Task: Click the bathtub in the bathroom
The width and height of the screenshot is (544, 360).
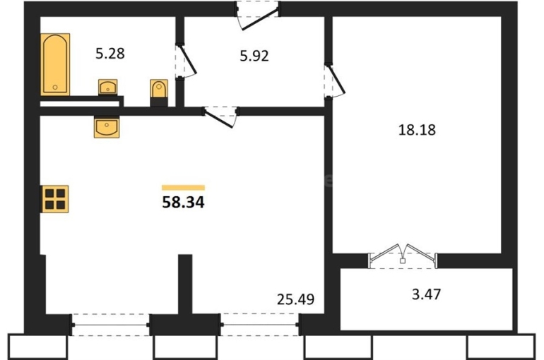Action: [55, 64]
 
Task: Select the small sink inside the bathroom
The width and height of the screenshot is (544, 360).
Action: [108, 87]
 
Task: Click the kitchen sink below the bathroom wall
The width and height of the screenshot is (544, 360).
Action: [107, 127]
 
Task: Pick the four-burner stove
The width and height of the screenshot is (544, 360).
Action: [55, 199]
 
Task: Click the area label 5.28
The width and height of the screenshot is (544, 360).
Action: [110, 54]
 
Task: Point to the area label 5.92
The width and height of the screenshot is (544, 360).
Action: [254, 56]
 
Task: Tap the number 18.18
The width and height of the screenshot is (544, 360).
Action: [417, 130]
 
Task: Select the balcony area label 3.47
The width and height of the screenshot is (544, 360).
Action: [427, 294]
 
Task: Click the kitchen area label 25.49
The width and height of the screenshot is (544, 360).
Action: [295, 299]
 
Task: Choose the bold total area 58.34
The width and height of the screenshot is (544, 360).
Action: [183, 203]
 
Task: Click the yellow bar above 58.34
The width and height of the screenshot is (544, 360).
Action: [183, 188]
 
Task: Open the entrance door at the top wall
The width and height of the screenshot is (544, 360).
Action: [258, 16]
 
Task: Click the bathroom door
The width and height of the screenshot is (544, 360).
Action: [186, 61]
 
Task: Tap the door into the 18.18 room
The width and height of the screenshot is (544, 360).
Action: [334, 80]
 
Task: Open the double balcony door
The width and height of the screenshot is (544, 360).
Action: [403, 256]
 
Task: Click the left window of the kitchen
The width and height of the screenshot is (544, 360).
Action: [111, 325]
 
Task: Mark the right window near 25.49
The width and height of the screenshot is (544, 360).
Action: [260, 325]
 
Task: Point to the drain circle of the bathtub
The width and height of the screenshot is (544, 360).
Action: [55, 88]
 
